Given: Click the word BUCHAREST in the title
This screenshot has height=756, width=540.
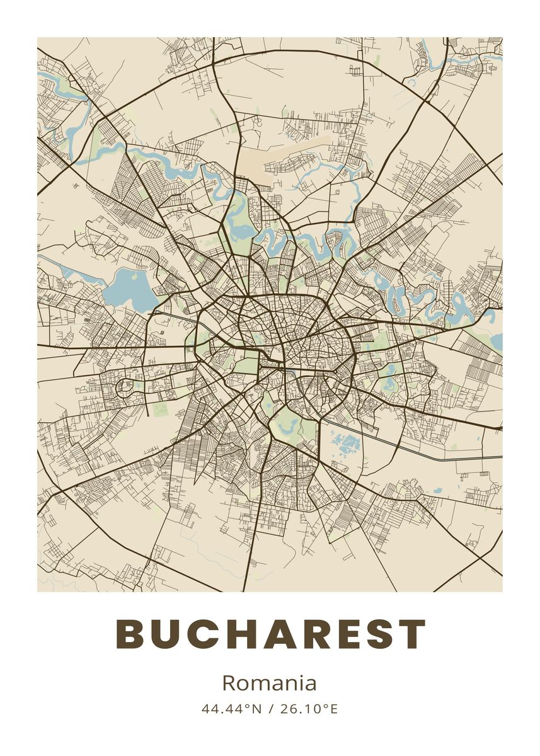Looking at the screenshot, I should click(271, 634).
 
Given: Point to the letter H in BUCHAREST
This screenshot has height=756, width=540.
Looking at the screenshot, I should click(236, 634).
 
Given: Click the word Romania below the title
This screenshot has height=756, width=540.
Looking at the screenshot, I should click(269, 683).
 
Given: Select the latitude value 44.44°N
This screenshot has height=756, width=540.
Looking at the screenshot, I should click(231, 709).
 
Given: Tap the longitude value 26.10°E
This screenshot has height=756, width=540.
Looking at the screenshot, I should click(309, 709).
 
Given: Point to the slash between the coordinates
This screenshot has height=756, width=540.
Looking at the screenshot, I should click(270, 709).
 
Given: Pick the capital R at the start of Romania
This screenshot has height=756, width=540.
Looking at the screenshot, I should click(229, 683).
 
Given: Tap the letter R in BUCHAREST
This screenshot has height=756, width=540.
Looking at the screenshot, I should click(309, 634).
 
